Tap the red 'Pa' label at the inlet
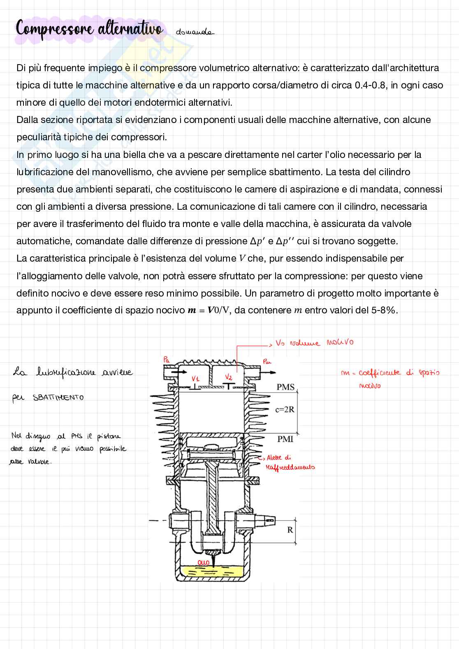point(166,359)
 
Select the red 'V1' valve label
point(196,378)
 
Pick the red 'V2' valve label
point(229,377)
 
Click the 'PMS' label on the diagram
point(285,387)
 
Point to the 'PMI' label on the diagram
point(285,439)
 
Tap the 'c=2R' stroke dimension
point(285,410)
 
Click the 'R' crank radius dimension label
point(290,530)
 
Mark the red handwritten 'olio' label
point(204,562)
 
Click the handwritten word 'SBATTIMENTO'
point(58,398)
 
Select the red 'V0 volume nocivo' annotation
point(314,343)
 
